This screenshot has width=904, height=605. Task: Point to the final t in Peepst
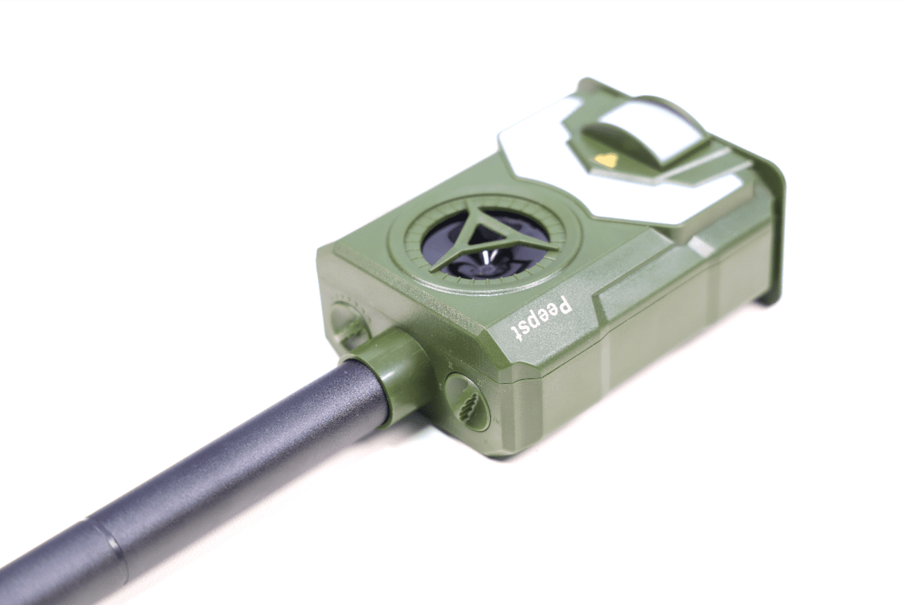516,334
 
